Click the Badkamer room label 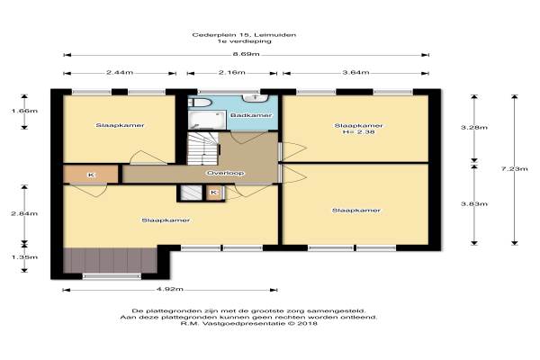point(251,115)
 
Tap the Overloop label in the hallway point(226,173)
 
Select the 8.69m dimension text point(246,54)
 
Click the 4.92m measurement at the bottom point(170,289)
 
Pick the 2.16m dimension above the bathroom point(232,72)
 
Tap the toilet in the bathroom point(200,103)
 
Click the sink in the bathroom point(256,98)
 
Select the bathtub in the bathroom point(207,120)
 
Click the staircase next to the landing point(203,148)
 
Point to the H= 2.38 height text point(358,131)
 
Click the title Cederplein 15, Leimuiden point(244,35)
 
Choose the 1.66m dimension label point(24,111)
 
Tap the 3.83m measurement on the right point(474,204)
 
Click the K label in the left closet point(91,175)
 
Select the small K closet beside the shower point(214,193)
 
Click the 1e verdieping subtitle point(244,41)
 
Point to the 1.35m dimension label point(24,257)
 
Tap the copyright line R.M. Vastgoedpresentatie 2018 point(248,323)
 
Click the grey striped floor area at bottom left point(110,260)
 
